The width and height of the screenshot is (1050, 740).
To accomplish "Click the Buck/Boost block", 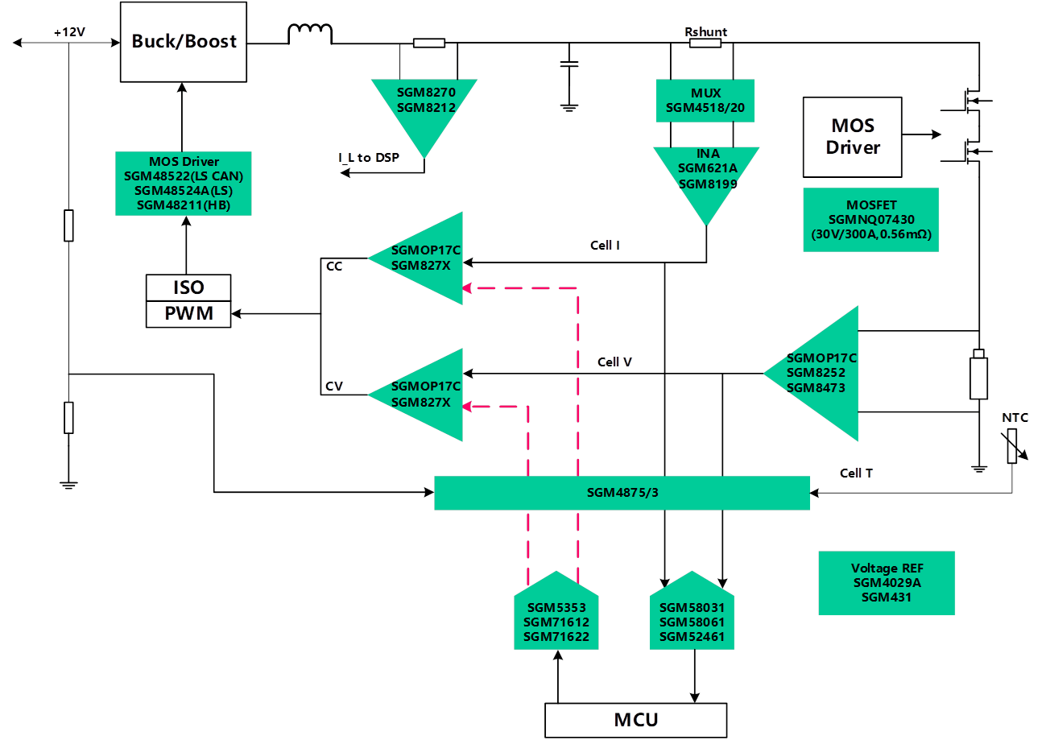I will (184, 41).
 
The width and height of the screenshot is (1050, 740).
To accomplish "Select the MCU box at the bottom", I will (635, 720).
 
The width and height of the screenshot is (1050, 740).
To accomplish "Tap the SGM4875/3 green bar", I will (622, 493).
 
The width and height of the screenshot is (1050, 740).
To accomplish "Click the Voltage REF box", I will (886, 583).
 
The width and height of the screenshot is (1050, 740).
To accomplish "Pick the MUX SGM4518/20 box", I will (705, 100).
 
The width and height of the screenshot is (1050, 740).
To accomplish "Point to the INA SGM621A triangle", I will (706, 173).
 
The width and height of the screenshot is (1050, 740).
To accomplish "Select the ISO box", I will (188, 287).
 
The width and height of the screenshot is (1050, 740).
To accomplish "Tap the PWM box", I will (188, 314).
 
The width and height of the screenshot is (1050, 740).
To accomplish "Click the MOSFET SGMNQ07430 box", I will (870, 219).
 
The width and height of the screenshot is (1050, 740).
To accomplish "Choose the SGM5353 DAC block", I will (556, 620).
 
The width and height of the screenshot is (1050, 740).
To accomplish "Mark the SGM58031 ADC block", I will (692, 620).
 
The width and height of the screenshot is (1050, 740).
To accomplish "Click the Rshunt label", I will (706, 32).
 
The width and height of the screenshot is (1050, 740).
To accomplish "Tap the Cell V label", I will (614, 362).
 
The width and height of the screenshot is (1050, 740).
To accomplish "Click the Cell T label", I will (856, 473).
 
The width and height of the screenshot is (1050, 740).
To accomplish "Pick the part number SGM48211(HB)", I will (184, 205).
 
